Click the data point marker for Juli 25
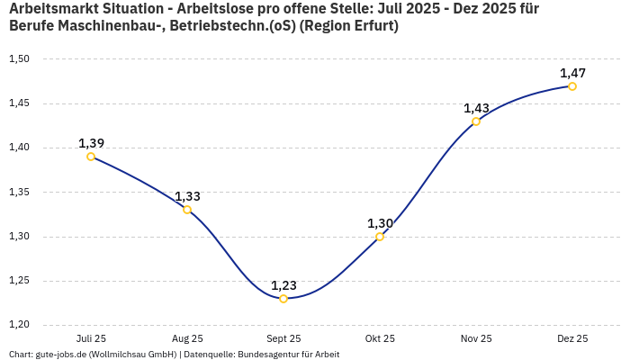[91, 157]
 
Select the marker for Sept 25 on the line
[283, 299]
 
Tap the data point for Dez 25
[572, 86]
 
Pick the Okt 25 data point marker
[380, 237]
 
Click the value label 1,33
[187, 196]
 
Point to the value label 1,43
[476, 108]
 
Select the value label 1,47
[572, 73]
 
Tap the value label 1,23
[283, 285]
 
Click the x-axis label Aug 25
[187, 339]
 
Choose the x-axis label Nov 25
[476, 339]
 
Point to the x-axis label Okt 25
[380, 339]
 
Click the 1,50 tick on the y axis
[19, 59]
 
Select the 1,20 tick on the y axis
[19, 325]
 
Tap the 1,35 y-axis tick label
[19, 193]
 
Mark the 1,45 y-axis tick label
[19, 103]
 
